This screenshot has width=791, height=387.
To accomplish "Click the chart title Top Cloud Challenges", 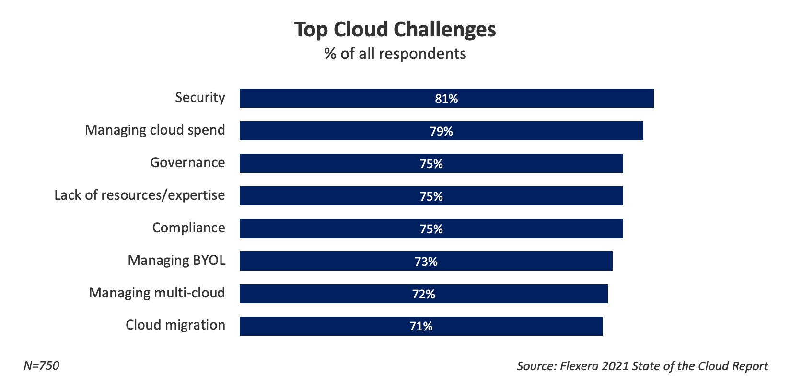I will pyautogui.click(x=395, y=30).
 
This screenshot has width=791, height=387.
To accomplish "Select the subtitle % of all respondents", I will pyautogui.click(x=395, y=54).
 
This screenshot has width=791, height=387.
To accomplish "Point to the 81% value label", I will pyautogui.click(x=446, y=99).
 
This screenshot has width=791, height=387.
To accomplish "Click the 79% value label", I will pyautogui.click(x=441, y=131).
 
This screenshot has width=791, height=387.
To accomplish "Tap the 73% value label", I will pyautogui.click(x=426, y=262).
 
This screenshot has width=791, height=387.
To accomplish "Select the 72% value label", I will pyautogui.click(x=423, y=294).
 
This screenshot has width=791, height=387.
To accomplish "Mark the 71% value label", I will pyautogui.click(x=421, y=327).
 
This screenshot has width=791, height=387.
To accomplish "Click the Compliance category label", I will pyautogui.click(x=188, y=228).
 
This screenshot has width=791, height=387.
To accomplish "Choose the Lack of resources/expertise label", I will pyautogui.click(x=140, y=195).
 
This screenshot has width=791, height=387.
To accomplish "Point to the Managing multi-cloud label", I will pyautogui.click(x=157, y=293).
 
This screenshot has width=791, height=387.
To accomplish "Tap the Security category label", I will pyautogui.click(x=200, y=97).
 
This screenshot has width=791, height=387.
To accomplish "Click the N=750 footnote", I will pyautogui.click(x=41, y=366).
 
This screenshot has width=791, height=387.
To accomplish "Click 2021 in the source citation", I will pyautogui.click(x=615, y=366).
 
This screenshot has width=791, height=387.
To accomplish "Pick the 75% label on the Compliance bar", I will pyautogui.click(x=431, y=229).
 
